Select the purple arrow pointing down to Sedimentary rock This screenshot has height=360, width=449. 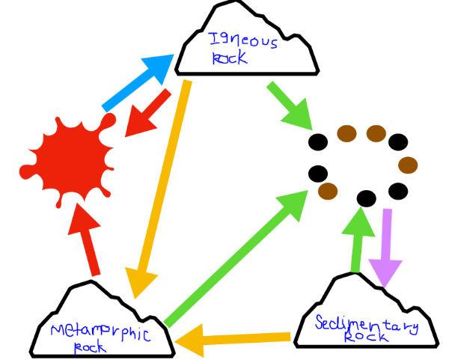[x=388, y=247]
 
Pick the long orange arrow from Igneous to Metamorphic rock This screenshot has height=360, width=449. [x=160, y=187]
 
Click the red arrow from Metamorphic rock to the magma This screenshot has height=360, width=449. [x=89, y=240]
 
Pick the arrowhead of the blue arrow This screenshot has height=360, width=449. [x=159, y=68]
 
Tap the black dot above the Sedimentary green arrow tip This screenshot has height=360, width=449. [x=366, y=199]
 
